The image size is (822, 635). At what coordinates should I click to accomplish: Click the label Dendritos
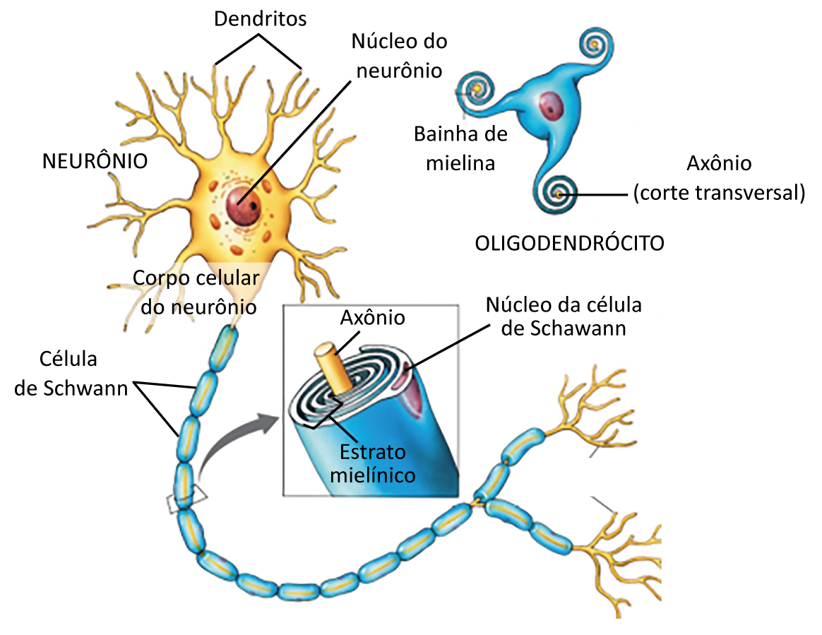[261, 18]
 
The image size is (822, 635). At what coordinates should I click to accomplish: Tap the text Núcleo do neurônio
[399, 56]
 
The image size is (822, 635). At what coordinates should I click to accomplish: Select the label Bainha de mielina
[460, 148]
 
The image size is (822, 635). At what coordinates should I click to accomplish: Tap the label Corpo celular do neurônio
[196, 292]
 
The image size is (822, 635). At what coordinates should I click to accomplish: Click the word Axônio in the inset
[373, 318]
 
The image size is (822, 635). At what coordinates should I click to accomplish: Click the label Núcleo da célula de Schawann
[564, 316]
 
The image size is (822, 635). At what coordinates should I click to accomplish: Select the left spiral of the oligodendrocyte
[477, 89]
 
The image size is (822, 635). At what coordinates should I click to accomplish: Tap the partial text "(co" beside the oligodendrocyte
[646, 193]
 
